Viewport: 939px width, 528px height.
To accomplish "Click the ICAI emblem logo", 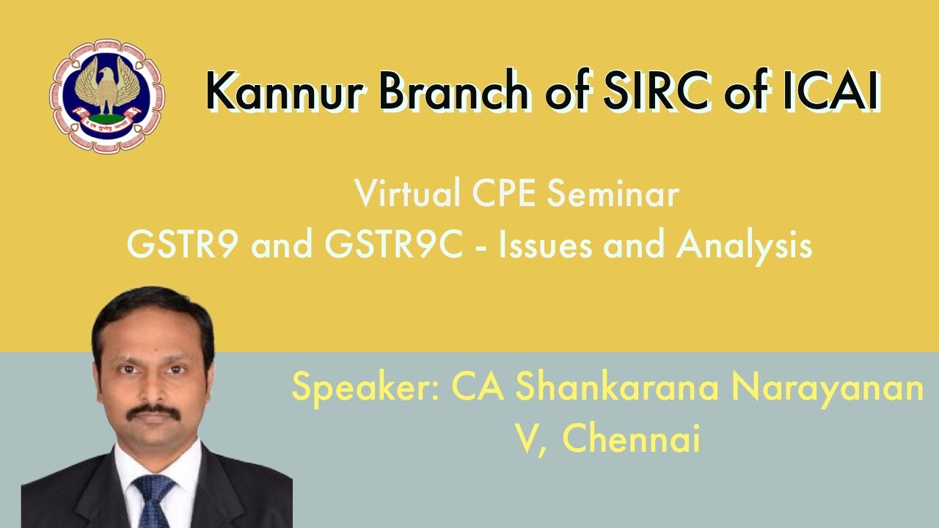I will (107, 95).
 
